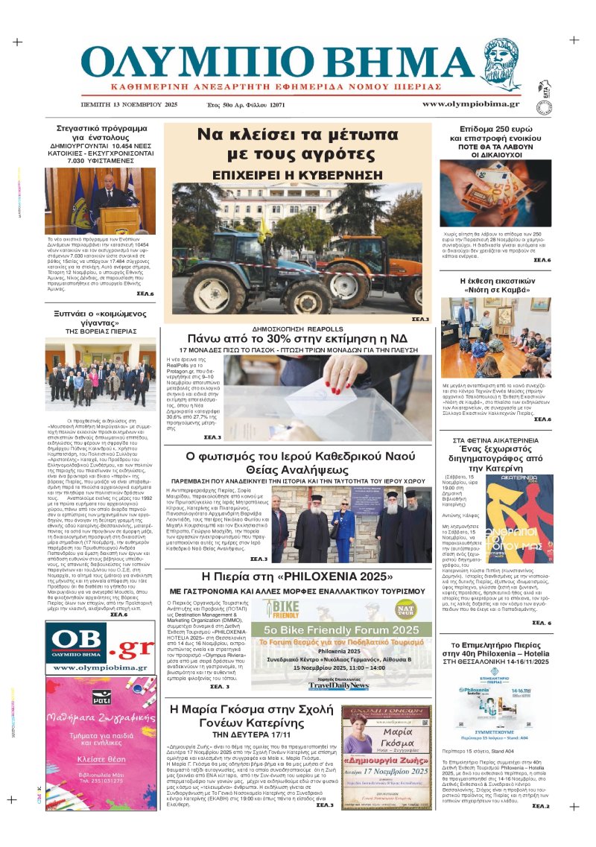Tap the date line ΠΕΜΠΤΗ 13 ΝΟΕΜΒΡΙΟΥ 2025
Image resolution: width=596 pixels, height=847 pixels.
point(125,105)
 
